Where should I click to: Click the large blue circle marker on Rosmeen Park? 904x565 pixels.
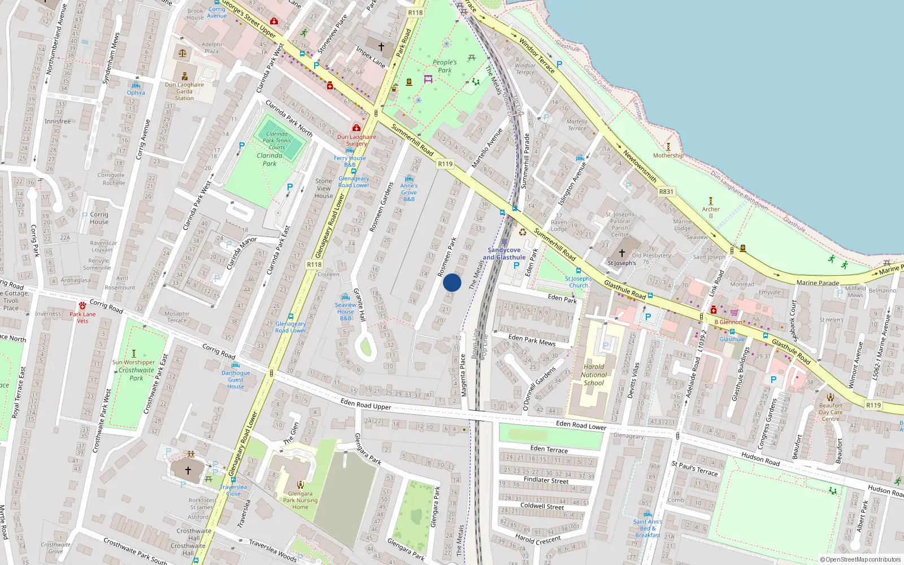coord(452,282)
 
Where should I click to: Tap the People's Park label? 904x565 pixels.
coord(445,66)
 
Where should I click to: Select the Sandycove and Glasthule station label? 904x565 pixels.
coord(504,254)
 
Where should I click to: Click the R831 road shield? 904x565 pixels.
coord(666,192)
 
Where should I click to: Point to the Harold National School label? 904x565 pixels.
coord(594,375)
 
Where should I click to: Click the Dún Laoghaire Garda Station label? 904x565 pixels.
coord(184,92)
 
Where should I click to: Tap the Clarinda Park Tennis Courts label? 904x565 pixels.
coord(277,141)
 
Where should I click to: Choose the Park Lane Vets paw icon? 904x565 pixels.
coord(82,306)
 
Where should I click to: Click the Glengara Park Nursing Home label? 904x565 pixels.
coord(300,500)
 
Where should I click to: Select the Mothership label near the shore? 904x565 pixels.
coord(668,155)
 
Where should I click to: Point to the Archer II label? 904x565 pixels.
coord(711,212)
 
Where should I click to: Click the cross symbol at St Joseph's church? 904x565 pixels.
coord(622,253)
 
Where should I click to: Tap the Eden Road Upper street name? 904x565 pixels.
coord(366,403)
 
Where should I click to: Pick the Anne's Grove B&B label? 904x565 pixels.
coord(409,192)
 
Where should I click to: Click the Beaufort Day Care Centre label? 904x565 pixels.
coord(831,412)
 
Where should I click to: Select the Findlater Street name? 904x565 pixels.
coord(546,480)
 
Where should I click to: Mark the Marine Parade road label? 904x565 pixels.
coord(818,282)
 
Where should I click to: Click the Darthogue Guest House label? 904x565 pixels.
coord(236,380)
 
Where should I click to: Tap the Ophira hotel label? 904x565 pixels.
coord(136,93)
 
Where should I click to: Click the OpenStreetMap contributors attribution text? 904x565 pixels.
coord(863,560)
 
